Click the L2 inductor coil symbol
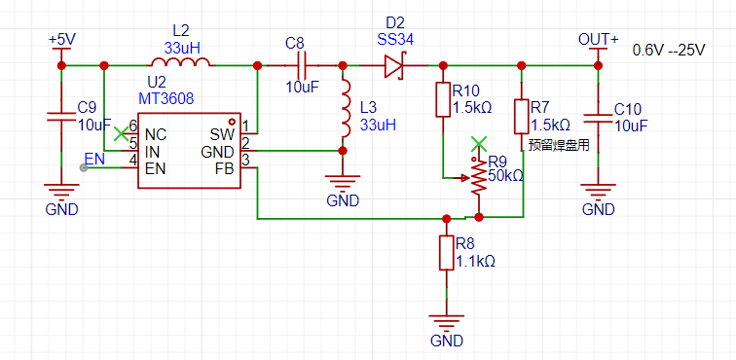pos(180,61)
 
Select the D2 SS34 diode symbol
pos(394,65)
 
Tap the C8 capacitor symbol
pos(301,65)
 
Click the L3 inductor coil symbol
pos(347,108)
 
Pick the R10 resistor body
pos(443,99)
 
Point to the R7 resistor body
pos(521,116)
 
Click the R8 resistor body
pos(447,253)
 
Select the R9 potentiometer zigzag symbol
pos(478,177)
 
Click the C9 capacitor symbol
pos(61,117)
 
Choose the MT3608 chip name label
pos(166,98)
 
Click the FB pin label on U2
pos(224,168)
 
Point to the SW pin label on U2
pos(222,135)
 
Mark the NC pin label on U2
pos(156,135)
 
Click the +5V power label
pos(60,40)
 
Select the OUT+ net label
pos(598,40)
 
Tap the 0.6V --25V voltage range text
pos(669,51)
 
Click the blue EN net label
pos(94,159)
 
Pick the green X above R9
pos(478,144)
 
